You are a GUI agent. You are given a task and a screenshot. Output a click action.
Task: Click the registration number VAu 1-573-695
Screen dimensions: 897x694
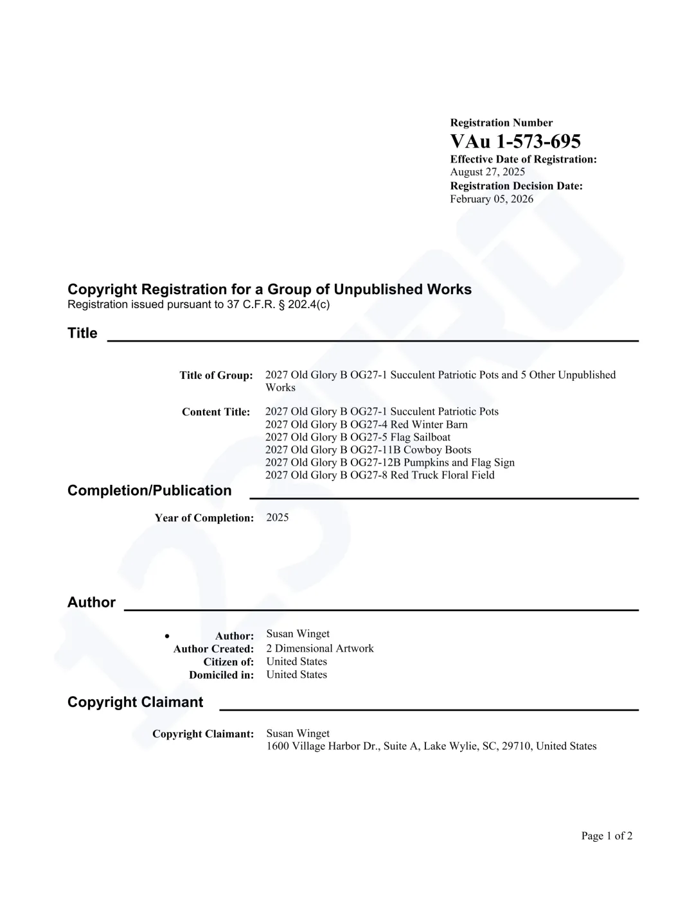point(515,141)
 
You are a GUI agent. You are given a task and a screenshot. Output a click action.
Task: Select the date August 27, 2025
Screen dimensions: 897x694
point(487,172)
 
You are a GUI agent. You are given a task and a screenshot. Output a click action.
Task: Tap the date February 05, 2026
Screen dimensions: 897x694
point(491,199)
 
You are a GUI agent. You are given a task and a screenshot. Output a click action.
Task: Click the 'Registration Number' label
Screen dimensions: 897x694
point(501,123)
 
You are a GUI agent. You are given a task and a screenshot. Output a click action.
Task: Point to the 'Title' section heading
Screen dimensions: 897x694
point(82,333)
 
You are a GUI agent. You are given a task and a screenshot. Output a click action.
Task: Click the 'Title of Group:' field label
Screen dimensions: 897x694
point(216,376)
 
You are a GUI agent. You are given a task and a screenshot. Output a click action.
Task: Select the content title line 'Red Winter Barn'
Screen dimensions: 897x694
point(366,424)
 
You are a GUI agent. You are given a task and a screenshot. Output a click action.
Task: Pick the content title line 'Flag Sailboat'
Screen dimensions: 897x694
point(357,437)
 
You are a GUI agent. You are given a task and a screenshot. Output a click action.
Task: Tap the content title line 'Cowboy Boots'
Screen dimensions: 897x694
point(368,450)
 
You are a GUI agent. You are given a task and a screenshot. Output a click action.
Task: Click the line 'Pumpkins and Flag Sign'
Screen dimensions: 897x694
point(389,462)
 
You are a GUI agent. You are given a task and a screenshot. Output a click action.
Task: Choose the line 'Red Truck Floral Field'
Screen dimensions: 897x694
point(379,475)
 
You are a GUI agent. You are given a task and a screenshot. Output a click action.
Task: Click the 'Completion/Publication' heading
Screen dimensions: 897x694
point(149,491)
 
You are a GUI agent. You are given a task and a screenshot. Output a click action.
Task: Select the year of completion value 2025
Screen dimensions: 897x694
point(277,518)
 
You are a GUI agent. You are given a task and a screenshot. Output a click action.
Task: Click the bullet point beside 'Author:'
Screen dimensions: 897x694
point(167,636)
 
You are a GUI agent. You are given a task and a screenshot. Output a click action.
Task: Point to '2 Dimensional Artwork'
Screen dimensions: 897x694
point(319,649)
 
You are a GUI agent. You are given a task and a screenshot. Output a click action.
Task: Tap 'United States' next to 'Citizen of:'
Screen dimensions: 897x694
point(296,661)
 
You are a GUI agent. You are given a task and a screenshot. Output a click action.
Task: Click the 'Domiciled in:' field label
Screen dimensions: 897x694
point(221,675)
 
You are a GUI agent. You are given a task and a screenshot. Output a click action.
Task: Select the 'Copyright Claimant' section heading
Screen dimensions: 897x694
point(135,702)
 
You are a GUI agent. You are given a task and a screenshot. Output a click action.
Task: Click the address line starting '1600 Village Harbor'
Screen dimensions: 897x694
point(431,746)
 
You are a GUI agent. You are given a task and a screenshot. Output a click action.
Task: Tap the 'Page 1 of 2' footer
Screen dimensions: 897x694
point(607,836)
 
